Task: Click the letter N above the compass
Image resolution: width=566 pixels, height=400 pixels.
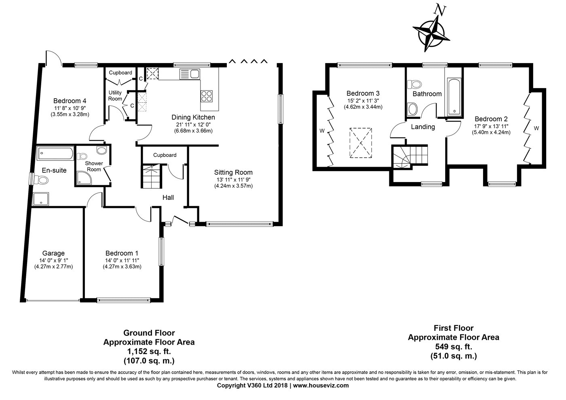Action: coord(440,10)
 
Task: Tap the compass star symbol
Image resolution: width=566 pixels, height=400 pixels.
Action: coord(431,34)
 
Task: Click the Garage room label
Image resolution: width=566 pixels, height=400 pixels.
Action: coord(53,253)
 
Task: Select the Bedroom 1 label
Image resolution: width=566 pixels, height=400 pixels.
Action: coord(122,253)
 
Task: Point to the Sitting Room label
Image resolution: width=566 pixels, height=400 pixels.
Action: coord(233,172)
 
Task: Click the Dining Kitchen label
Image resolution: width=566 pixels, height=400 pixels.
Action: coord(193,117)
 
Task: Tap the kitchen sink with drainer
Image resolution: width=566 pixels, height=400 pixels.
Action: coord(190,74)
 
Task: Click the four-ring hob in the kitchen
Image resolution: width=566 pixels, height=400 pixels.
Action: coord(207,96)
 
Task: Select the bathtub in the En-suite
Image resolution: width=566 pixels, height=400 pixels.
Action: coord(55,153)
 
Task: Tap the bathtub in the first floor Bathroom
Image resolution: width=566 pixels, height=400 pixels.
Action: coord(454,97)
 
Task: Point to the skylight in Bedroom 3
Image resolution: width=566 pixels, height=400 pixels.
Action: coord(361,143)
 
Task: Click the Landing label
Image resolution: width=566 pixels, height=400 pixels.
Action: coord(423,127)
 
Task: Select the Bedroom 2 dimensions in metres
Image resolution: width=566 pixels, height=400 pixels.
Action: coord(491,132)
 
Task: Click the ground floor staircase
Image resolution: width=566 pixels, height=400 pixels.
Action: coord(151,176)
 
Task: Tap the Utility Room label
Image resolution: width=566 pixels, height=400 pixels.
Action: coord(115,95)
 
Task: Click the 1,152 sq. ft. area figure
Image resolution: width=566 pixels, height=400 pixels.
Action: coord(149,351)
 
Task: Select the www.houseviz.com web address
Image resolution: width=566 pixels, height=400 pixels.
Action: coord(321,385)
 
